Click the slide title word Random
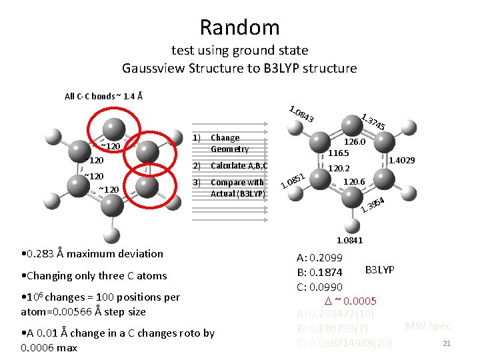(x=239, y=27)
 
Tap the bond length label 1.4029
(x=402, y=161)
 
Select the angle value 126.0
(x=354, y=142)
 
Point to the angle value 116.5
(x=339, y=153)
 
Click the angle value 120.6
(x=353, y=181)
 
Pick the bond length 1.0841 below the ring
(x=350, y=240)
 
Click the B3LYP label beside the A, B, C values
(x=380, y=269)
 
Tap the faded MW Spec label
(x=428, y=326)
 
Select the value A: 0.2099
(x=320, y=258)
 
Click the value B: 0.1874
(x=320, y=273)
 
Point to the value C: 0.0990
(x=320, y=287)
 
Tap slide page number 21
(x=447, y=343)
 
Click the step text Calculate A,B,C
(x=239, y=166)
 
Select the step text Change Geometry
(x=229, y=143)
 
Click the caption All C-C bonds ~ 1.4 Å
(x=103, y=96)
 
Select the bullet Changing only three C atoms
(x=94, y=275)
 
